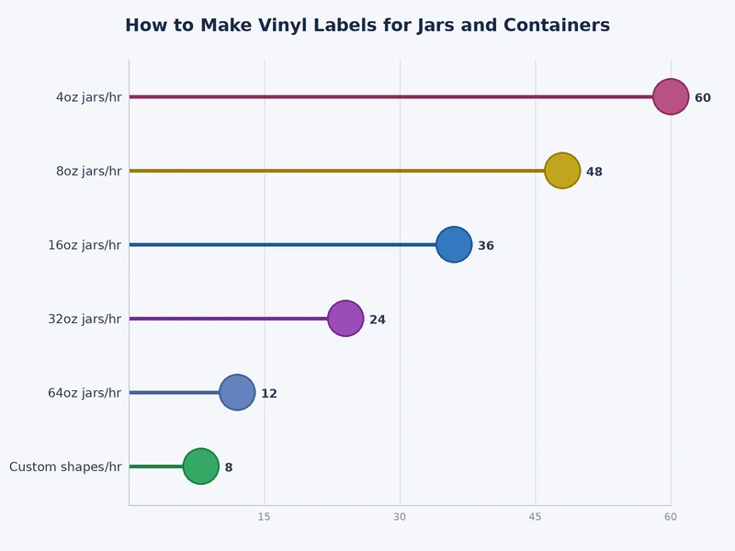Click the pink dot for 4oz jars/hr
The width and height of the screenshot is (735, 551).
click(671, 96)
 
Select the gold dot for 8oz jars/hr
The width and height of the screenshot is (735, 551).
click(562, 171)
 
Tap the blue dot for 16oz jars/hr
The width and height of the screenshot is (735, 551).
click(454, 244)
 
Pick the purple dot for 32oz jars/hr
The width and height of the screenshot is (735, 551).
click(345, 319)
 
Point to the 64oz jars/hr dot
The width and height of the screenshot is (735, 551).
click(237, 392)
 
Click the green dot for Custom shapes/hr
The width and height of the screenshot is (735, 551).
click(201, 467)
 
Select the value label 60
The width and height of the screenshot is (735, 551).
click(703, 98)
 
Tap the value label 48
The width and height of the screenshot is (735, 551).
click(594, 172)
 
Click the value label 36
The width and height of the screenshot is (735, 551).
click(486, 246)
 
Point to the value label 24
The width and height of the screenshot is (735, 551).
click(378, 320)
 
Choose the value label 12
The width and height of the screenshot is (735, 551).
click(269, 394)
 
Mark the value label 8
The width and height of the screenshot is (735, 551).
click(229, 467)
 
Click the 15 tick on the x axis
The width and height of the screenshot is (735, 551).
click(265, 517)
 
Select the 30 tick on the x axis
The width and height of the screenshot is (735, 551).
click(400, 517)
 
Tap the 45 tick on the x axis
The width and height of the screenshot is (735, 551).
click(536, 517)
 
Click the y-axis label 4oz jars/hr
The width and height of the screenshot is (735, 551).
click(88, 97)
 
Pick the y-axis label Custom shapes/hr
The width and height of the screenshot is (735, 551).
click(65, 467)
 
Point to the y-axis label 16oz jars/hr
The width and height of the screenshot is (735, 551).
click(85, 245)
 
